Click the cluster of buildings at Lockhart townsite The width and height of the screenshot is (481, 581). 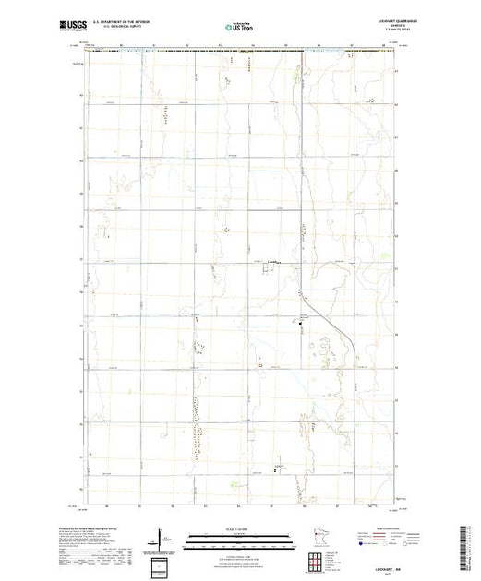(x=272, y=263)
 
